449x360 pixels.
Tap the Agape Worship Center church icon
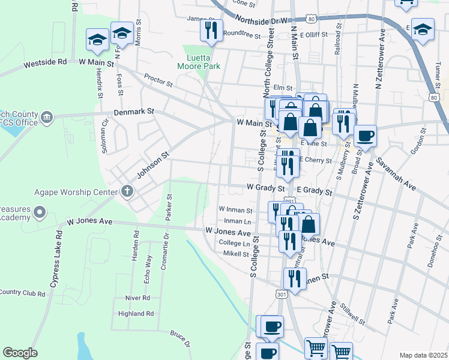coord(127,191)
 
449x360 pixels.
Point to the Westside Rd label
coord(45,62)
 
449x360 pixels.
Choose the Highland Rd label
coord(136,313)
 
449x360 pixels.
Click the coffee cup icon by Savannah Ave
coord(364,136)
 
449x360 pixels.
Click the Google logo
coord(20,353)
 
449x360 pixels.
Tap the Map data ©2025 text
coord(423,355)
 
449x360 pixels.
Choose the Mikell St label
coord(237,254)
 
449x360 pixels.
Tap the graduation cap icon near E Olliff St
coord(423,31)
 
